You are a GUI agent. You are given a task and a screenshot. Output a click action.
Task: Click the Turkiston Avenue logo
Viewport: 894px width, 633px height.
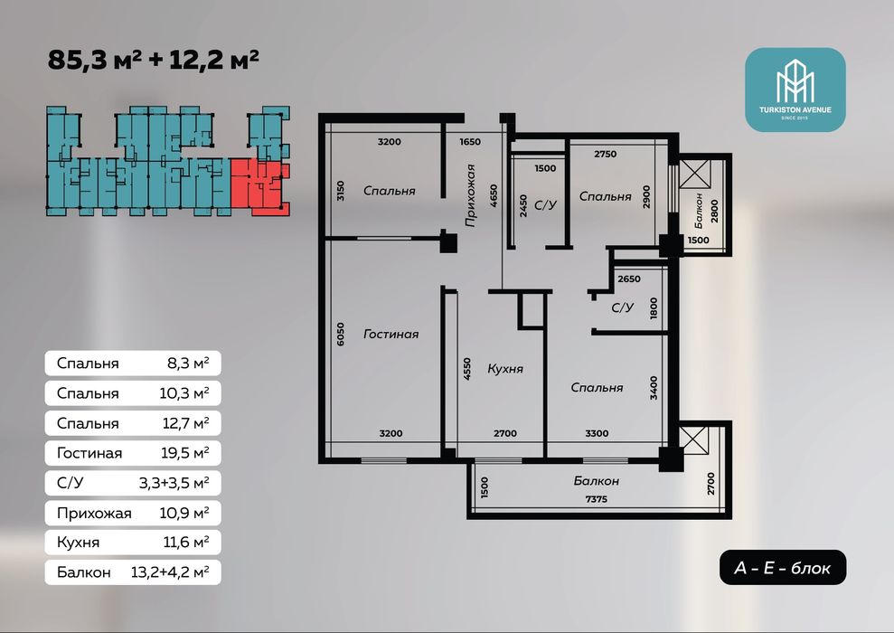click(x=795, y=90)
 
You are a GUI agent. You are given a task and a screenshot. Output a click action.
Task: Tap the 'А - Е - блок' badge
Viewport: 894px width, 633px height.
click(x=782, y=567)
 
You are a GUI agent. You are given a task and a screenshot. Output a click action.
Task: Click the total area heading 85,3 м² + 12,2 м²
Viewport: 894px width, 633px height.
click(x=154, y=60)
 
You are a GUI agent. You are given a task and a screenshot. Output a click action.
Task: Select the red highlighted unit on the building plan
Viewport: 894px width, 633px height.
click(x=260, y=186)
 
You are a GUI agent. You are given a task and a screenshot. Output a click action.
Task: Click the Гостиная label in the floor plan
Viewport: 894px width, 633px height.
click(x=391, y=335)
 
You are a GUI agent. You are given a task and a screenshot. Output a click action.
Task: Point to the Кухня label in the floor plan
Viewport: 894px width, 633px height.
click(x=505, y=369)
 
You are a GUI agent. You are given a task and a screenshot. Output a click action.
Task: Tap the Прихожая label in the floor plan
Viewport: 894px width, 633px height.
click(x=470, y=195)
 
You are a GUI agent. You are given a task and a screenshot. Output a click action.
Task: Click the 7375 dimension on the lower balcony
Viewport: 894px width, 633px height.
click(x=597, y=499)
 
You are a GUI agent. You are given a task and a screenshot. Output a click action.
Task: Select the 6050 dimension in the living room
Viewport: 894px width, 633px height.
click(x=341, y=335)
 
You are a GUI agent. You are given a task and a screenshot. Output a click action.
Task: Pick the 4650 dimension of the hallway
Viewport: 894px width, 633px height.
click(x=494, y=195)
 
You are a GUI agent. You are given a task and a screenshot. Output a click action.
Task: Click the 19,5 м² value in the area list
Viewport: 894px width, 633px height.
click(x=184, y=453)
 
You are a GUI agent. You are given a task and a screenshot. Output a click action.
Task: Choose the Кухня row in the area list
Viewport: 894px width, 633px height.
click(x=133, y=542)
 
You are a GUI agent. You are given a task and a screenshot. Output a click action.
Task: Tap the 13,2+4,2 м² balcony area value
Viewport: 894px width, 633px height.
click(x=170, y=572)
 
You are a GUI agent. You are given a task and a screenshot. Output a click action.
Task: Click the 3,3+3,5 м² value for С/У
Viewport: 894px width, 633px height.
click(x=174, y=483)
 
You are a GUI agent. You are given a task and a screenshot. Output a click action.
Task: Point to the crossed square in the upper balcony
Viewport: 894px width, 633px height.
click(x=694, y=175)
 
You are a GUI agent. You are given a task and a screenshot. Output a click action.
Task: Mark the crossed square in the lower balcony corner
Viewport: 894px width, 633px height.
click(x=694, y=439)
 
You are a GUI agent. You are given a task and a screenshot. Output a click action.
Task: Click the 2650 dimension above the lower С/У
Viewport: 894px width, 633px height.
click(x=629, y=279)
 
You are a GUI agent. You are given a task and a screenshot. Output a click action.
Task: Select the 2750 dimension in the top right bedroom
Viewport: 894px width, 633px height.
click(x=605, y=154)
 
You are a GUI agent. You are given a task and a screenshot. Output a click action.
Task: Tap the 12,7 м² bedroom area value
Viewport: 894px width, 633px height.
click(x=184, y=423)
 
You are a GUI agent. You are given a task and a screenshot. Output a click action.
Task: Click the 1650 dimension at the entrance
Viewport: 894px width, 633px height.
click(x=470, y=142)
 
